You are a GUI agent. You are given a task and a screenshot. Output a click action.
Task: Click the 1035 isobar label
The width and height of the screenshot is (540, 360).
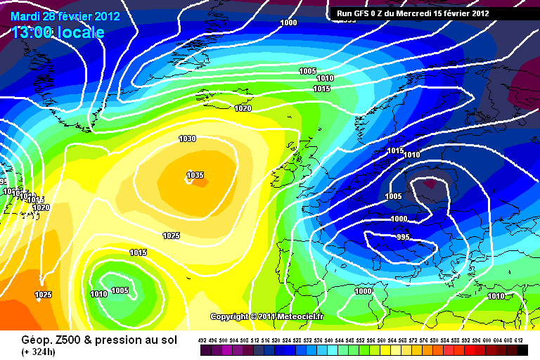pyautogui.click(x=195, y=175)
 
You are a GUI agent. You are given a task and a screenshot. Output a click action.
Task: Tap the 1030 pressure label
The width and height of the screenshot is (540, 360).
pyautogui.click(x=187, y=139)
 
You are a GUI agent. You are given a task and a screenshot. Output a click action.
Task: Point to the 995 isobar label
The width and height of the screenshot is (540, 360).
pyautogui.click(x=403, y=237)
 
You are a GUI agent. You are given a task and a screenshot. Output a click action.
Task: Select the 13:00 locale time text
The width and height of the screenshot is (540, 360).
pyautogui.click(x=58, y=32)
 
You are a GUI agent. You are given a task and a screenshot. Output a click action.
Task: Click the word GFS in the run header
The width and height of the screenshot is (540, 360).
pyautogui.click(x=364, y=13)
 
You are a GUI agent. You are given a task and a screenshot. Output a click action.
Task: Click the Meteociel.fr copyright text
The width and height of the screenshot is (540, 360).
pyautogui.click(x=302, y=317)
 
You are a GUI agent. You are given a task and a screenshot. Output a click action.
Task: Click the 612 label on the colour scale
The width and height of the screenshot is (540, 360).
pyautogui.click(x=518, y=339)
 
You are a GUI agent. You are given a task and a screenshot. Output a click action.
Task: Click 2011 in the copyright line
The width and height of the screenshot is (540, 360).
pyautogui.click(x=270, y=317)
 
